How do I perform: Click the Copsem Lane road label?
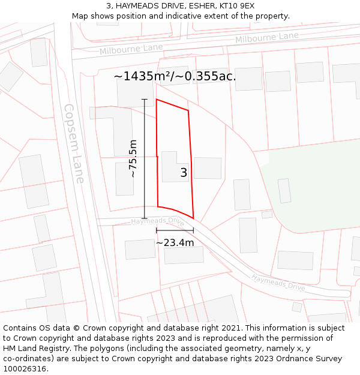coord(74,143)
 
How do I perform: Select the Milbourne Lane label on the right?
coord(266,38)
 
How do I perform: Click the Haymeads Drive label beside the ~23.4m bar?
coord(158,221)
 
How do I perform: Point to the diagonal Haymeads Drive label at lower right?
coord(278,283)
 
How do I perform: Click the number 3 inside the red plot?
coord(184,173)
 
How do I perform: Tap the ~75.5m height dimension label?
coord(133,158)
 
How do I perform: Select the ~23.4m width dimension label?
coord(175,242)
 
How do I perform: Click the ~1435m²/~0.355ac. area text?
coord(175,77)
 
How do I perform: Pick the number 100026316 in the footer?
coord(24,368)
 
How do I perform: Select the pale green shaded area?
coord(318,186)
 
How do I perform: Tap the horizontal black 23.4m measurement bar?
coord(175,230)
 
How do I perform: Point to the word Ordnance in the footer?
coord(290,358)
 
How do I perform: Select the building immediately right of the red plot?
coord(208,168)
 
